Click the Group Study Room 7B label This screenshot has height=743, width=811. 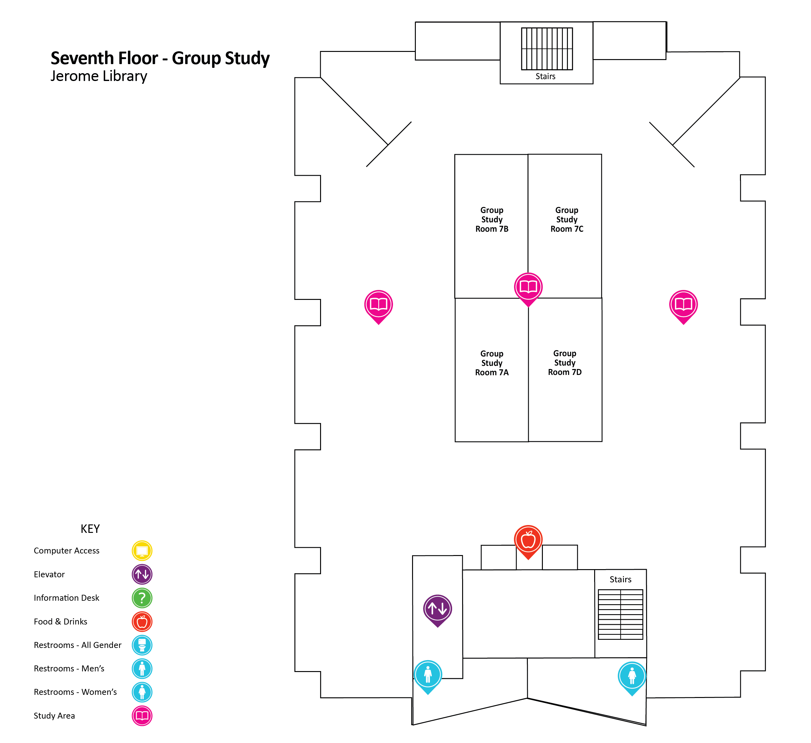coord(492,220)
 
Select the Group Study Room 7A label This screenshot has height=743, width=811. coord(492,363)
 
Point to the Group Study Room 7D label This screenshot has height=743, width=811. coord(564,363)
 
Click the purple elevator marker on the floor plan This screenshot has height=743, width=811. coord(437,609)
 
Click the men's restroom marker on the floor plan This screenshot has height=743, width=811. coord(428,675)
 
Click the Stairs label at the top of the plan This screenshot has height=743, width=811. coord(545,76)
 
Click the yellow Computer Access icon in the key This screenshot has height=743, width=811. coord(142,551)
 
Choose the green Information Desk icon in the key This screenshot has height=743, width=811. coord(142,598)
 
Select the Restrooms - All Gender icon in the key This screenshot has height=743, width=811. coord(142,645)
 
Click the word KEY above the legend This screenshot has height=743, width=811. coord(90,529)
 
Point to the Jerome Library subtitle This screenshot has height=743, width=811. coord(99,76)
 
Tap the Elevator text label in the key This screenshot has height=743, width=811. coord(49,574)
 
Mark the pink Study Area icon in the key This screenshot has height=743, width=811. coord(142,716)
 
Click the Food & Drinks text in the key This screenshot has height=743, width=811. coord(60,622)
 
